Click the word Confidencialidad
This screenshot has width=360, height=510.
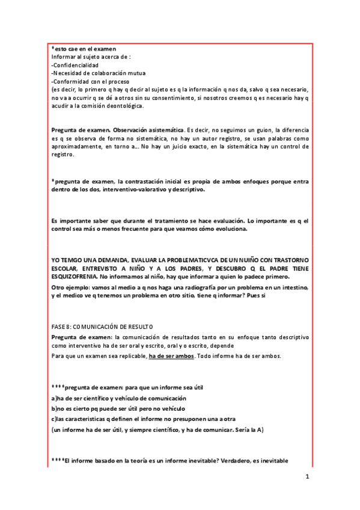pos(76,65)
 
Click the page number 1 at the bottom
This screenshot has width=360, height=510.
pos(307,478)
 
